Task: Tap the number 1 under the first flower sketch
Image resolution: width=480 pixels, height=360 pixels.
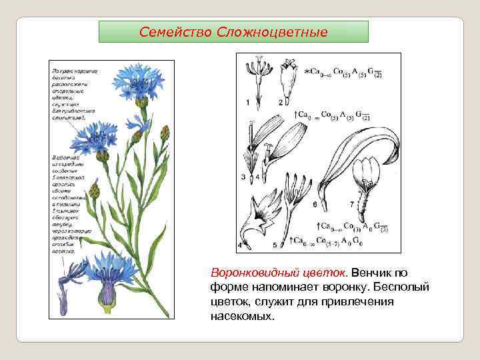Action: coord(247,102)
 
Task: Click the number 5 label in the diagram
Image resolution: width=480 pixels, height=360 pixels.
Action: coord(274,245)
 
